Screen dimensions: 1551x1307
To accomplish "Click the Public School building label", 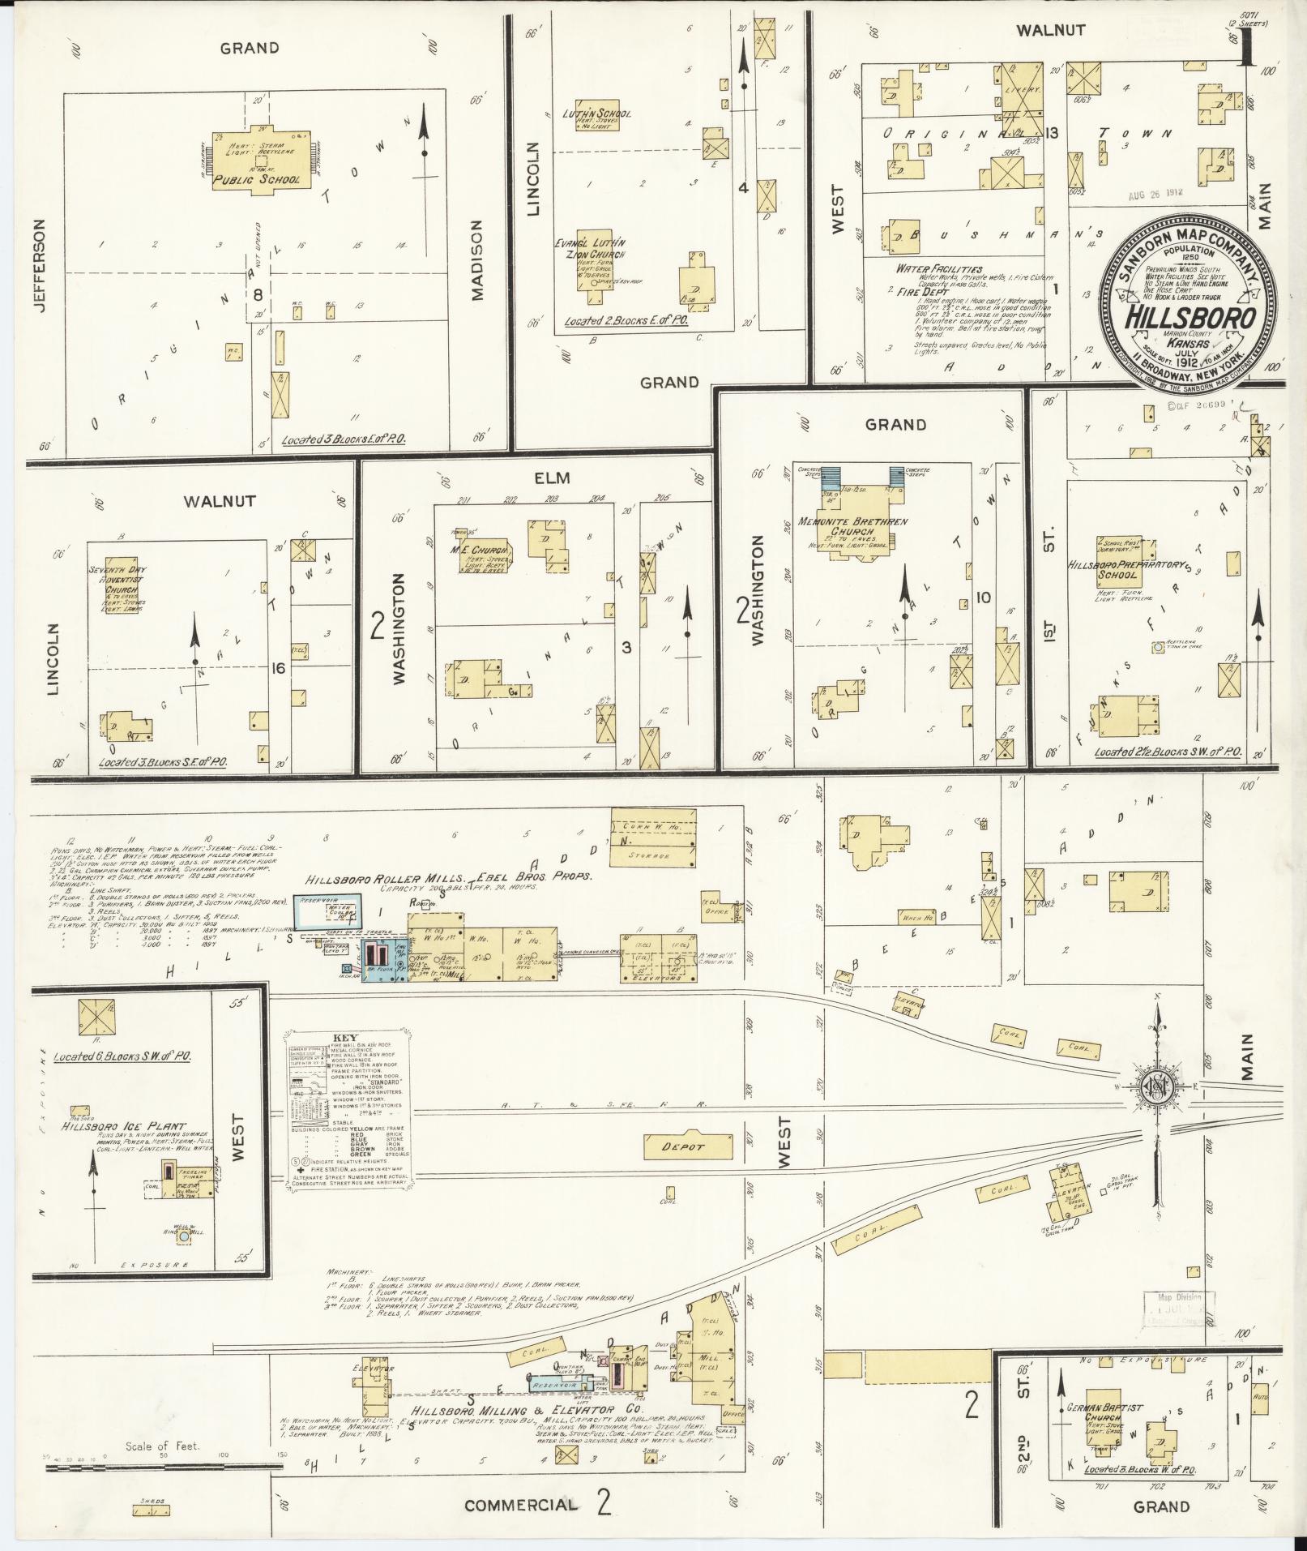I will click(x=261, y=180).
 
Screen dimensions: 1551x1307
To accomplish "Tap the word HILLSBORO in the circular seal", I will click(x=1190, y=317).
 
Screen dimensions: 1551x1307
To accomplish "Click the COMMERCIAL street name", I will click(x=521, y=1505).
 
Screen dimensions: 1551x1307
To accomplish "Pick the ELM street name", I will click(x=551, y=478).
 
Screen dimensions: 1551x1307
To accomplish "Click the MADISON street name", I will click(x=476, y=261).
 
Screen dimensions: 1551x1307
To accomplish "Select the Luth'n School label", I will click(x=596, y=114).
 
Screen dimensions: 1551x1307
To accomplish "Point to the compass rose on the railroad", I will click(x=1158, y=1089).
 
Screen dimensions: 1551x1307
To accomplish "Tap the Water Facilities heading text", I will click(x=938, y=269).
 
